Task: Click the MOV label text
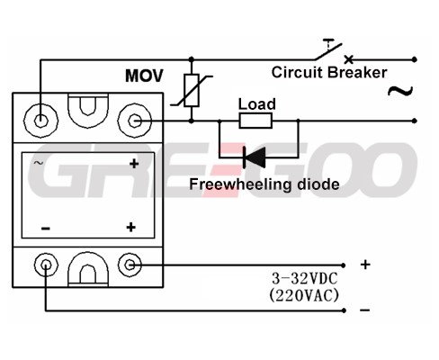point(144,76)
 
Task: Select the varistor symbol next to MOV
point(192,90)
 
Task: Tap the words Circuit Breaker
point(329,72)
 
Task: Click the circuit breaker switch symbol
point(333,51)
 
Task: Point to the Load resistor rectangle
point(255,121)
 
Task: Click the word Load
point(256,104)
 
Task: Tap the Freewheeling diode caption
point(264,184)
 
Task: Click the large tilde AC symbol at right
point(400,91)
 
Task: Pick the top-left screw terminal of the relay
point(40,121)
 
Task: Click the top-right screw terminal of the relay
point(135,121)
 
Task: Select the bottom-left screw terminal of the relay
point(46,265)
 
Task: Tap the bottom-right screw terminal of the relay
point(130,265)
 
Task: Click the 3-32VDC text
point(305,279)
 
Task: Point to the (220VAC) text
point(304,296)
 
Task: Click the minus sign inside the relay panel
point(46,229)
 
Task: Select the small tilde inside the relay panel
point(39,163)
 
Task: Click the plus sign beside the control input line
point(365,265)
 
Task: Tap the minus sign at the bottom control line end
point(364,310)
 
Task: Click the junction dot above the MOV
point(192,59)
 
